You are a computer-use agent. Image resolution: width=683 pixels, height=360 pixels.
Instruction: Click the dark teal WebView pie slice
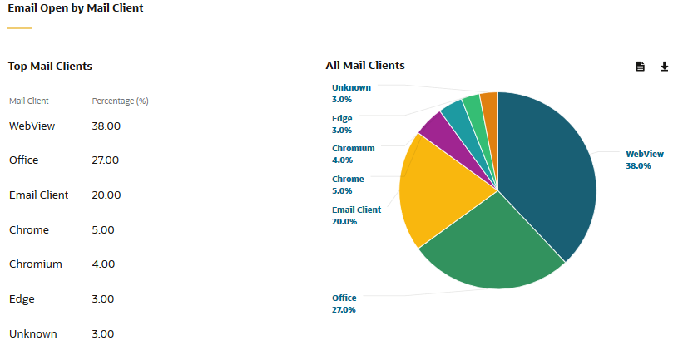click(549, 175)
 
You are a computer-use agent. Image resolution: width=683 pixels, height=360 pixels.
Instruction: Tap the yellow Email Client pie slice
click(437, 191)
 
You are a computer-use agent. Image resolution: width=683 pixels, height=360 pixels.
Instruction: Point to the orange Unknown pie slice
click(490, 104)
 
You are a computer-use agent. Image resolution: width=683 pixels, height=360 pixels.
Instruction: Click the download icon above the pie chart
click(664, 67)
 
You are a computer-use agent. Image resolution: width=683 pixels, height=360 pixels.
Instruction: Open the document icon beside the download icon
click(640, 67)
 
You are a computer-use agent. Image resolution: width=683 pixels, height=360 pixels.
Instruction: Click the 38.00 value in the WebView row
click(106, 126)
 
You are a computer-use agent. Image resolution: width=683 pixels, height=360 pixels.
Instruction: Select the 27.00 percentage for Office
click(106, 160)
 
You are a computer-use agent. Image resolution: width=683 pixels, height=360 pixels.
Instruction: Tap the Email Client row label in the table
click(38, 195)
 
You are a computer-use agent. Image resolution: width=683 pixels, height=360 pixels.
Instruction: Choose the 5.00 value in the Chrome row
click(103, 230)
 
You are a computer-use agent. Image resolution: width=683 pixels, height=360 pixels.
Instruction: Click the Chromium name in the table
click(36, 264)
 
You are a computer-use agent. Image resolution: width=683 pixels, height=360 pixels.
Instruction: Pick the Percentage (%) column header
click(120, 101)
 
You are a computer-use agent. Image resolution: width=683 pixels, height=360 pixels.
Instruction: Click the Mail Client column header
click(29, 101)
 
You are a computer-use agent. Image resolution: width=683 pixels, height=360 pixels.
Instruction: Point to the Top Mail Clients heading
click(50, 66)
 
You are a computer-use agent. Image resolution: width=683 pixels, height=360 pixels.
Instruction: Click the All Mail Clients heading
click(365, 65)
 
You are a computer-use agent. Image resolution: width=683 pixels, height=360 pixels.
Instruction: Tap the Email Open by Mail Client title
click(76, 8)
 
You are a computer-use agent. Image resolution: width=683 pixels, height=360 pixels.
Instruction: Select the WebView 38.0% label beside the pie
click(643, 160)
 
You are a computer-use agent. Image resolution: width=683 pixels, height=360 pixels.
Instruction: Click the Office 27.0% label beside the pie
click(344, 303)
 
